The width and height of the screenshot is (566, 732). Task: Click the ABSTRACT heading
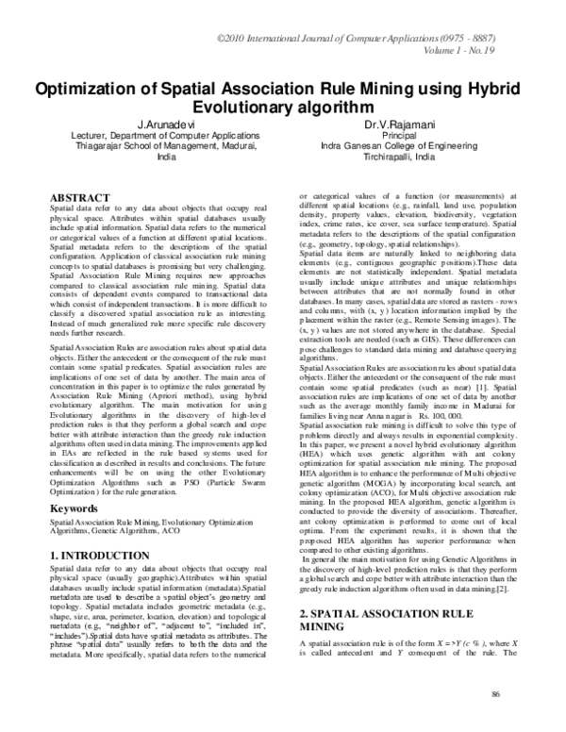[79, 196]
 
